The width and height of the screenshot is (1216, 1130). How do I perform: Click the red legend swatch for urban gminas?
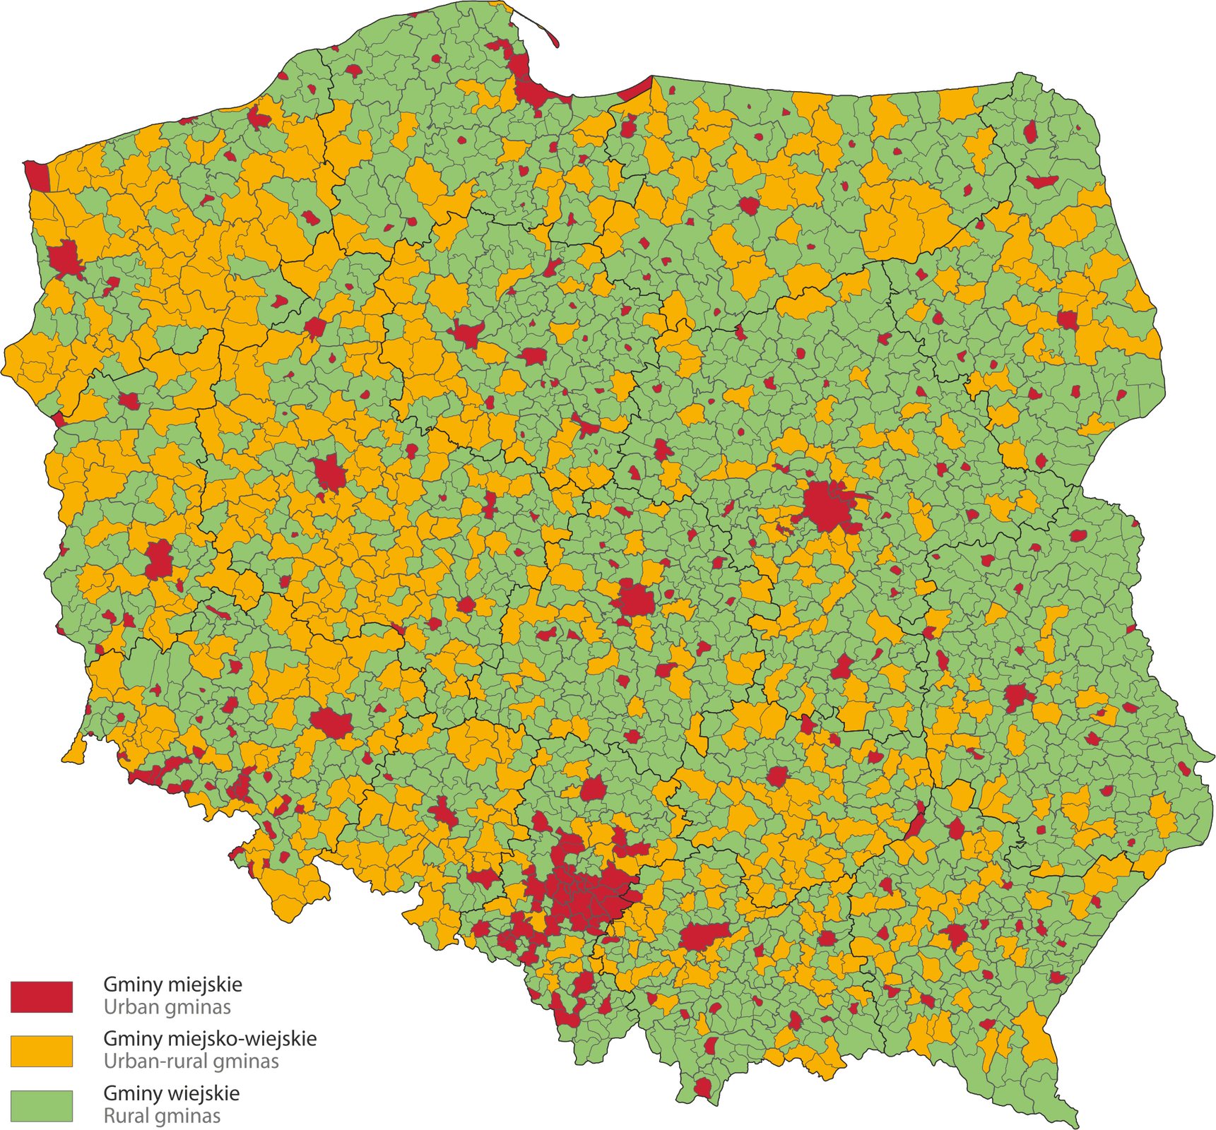[x=42, y=997]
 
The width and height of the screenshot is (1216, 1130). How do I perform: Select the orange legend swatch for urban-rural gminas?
[x=42, y=1051]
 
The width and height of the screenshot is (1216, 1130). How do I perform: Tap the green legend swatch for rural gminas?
[x=42, y=1105]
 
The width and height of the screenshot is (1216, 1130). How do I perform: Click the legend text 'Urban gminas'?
[x=167, y=1007]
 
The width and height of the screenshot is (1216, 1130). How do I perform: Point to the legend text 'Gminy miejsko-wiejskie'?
[x=210, y=1039]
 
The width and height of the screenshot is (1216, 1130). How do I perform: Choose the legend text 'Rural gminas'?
[x=163, y=1117]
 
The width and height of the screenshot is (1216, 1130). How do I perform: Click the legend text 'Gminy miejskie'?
[x=173, y=985]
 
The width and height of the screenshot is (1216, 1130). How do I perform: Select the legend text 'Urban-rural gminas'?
[x=191, y=1061]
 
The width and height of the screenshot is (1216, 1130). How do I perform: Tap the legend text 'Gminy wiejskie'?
[x=172, y=1093]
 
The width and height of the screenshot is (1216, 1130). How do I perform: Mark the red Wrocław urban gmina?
[x=331, y=722]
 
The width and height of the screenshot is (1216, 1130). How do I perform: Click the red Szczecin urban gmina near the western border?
[x=66, y=258]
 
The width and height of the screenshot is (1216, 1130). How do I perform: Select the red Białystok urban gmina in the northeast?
[x=1067, y=319]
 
